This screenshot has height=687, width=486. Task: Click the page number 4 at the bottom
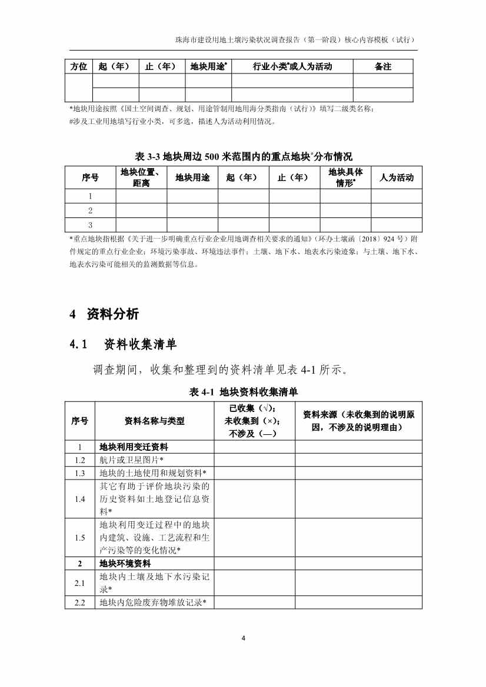coord(243,638)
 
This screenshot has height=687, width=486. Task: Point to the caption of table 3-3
coord(243,156)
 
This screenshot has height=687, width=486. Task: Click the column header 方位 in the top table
coord(79,66)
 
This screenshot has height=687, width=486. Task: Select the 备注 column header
coord(383,66)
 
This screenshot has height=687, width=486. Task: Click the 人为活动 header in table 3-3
coord(397,177)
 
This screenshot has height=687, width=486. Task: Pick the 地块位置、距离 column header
coord(141,177)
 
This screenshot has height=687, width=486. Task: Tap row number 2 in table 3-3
coord(90,210)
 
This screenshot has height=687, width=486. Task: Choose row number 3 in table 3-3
coord(90,224)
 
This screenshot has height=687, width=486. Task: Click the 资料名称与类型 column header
coord(154,420)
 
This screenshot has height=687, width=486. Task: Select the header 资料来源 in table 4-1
coord(358,420)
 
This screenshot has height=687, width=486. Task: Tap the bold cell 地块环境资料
coord(125,564)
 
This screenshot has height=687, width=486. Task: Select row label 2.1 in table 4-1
coord(80,583)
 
